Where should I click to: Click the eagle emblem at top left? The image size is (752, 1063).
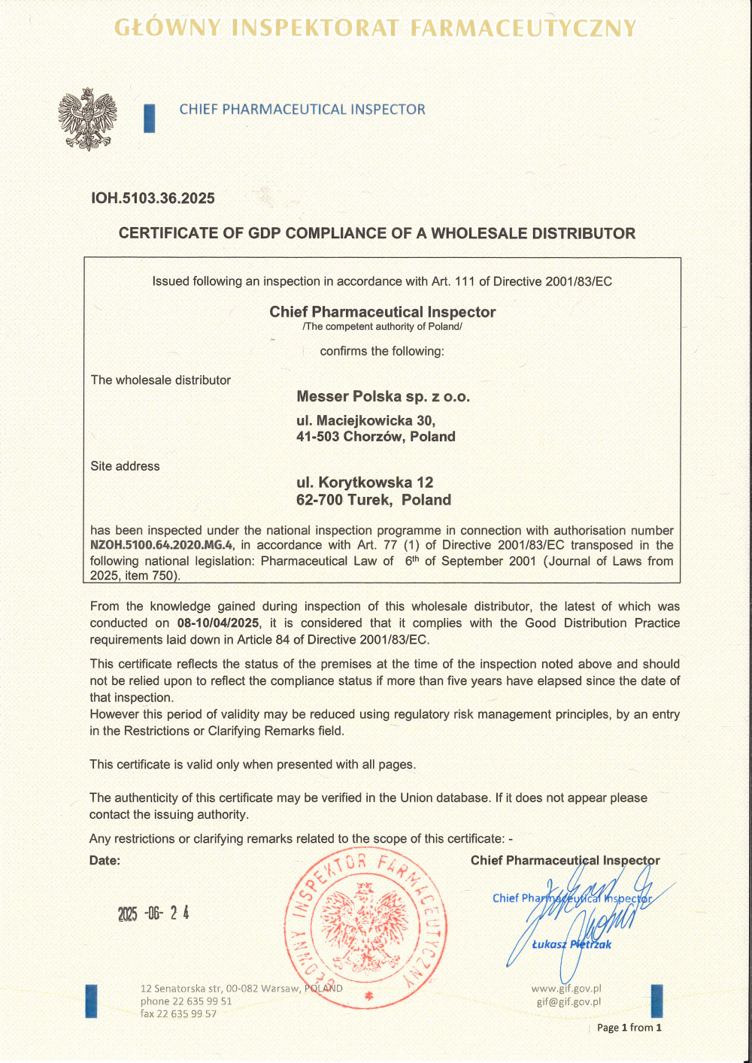87,119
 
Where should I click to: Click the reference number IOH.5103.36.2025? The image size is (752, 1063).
153,198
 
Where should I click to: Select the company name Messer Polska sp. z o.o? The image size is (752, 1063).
383,396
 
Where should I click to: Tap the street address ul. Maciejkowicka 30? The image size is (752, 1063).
365,420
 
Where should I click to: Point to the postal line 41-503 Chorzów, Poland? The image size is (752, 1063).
375,437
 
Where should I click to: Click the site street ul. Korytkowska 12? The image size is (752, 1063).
365,483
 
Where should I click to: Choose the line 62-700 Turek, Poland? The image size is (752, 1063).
374,500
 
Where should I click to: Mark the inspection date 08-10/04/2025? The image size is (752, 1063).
218,623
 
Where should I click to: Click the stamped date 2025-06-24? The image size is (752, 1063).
153,913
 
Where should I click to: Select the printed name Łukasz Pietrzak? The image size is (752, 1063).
572,944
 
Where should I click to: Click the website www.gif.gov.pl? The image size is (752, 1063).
566,989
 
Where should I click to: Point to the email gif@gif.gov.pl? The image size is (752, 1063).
569,1001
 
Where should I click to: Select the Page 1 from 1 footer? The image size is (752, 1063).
629,1028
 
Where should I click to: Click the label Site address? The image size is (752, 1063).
125,466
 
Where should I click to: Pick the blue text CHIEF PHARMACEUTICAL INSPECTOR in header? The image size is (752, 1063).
302,110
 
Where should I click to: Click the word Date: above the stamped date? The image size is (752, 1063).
105,861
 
